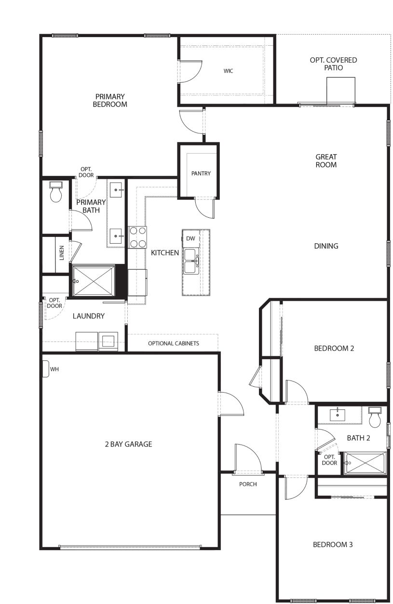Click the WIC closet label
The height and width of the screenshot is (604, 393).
[x=228, y=71]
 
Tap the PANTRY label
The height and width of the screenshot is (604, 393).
[x=201, y=173]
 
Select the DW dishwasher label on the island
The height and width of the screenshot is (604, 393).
[x=190, y=238]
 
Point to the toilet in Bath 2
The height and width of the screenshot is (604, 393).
[x=375, y=417]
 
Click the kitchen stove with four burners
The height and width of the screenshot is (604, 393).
[x=137, y=236]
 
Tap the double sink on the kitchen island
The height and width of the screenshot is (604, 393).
[x=190, y=260]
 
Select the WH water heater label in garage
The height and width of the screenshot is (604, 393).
[x=54, y=369]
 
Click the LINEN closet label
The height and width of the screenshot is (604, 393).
[x=61, y=253]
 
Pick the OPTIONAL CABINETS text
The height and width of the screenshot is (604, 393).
[x=173, y=343]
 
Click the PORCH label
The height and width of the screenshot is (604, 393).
[x=248, y=484]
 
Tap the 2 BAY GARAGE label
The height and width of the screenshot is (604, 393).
[x=129, y=444]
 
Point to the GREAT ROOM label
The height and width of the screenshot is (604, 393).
[x=326, y=160]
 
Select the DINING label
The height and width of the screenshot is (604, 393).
[x=326, y=246]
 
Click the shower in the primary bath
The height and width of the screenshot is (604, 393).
[x=94, y=281]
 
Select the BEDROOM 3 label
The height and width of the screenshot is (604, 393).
[x=333, y=544]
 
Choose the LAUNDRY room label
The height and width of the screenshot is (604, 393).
[x=88, y=316]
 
